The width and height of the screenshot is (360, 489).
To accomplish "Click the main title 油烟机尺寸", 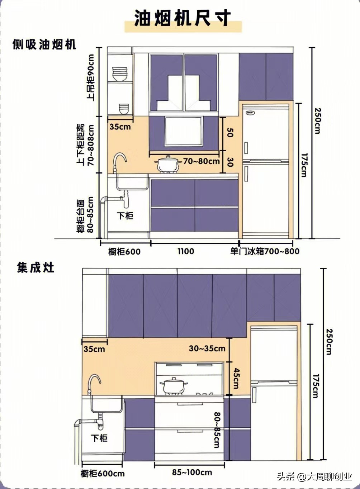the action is pos(183,18).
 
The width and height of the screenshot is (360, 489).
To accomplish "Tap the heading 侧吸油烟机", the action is pos(44,44).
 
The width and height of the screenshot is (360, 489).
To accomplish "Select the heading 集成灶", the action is pos(35,268).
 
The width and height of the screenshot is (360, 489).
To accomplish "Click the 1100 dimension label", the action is pos(186,251).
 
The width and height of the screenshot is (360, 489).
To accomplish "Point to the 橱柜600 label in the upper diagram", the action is pos(124,251).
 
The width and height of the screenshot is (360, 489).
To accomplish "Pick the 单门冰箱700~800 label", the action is pos(265,251).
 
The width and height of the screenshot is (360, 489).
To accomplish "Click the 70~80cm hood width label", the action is pos(201,161).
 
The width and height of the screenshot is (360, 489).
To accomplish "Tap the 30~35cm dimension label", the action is pos(207,348).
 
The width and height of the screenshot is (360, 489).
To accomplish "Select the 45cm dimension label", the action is pos(236,378).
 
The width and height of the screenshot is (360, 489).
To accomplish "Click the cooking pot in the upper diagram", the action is pos(168,164).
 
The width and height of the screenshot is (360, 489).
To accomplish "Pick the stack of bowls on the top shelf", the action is pos(120,74).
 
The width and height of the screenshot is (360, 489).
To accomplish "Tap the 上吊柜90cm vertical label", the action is pos(90,77).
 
